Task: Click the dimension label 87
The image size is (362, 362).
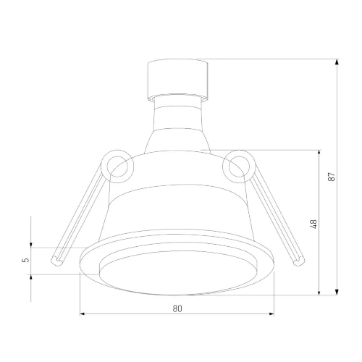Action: click(332, 177)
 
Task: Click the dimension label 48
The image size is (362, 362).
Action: click(313, 224)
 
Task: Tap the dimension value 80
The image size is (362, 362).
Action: click(177, 308)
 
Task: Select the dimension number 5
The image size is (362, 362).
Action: click(26, 260)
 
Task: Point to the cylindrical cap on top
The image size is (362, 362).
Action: click(177, 80)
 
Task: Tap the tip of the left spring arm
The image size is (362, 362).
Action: click(57, 261)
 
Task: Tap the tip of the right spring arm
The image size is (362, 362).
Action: click(299, 261)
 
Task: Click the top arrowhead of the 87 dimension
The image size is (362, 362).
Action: click(337, 62)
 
